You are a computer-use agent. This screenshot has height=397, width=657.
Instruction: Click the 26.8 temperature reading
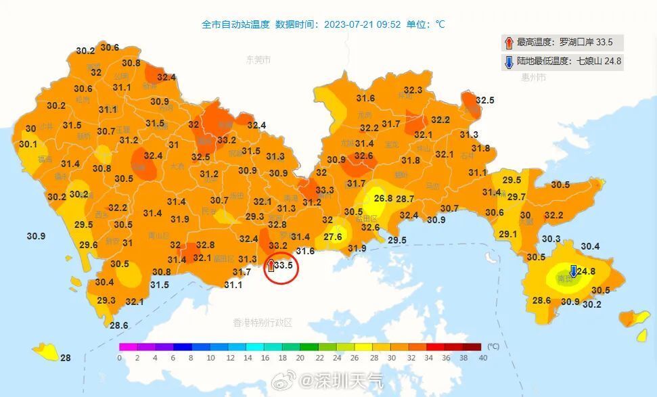(383, 198)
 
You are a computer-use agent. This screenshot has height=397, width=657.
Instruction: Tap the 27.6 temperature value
(333, 237)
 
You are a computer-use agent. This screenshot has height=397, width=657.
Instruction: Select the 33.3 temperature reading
(325, 190)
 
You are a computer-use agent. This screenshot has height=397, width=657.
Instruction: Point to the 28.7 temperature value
(405, 199)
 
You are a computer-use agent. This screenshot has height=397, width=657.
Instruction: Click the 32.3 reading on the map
(413, 90)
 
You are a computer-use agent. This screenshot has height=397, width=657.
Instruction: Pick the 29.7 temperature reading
(516, 197)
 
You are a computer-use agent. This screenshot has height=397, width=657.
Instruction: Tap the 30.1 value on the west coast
(28, 144)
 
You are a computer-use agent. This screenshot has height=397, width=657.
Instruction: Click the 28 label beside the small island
(66, 358)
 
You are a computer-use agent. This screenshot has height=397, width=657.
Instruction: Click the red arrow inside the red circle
(271, 265)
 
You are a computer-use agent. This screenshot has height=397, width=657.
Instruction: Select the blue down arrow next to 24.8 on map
(573, 271)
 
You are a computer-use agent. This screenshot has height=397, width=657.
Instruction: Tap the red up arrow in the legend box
(509, 43)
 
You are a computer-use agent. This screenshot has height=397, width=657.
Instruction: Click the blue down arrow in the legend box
(509, 62)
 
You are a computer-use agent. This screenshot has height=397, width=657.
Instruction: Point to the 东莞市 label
(258, 60)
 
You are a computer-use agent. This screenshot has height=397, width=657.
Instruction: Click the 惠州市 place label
(533, 78)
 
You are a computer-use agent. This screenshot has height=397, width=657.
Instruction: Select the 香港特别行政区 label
(263, 323)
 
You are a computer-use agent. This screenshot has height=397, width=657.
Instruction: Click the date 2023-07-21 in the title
(348, 24)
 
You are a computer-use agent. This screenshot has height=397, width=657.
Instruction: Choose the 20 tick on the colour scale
(300, 357)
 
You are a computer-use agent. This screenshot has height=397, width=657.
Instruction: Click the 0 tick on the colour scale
(119, 357)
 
